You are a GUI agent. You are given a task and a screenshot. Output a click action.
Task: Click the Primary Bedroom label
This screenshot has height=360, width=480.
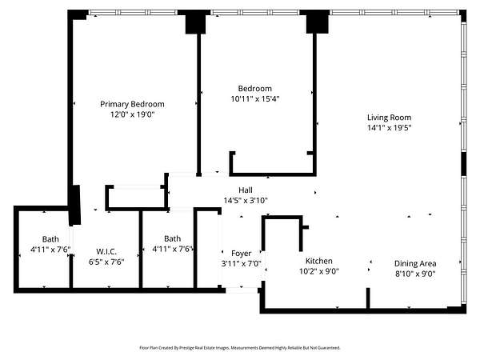[x=132, y=104]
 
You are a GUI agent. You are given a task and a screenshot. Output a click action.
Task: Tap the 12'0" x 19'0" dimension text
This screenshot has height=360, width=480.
[x=132, y=114]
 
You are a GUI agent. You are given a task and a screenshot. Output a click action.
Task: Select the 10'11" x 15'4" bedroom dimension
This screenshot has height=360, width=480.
[x=255, y=99]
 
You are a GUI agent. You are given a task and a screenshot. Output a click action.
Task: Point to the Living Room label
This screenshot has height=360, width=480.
[x=389, y=118]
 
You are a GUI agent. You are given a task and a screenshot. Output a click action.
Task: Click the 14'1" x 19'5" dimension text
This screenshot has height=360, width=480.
[x=389, y=128]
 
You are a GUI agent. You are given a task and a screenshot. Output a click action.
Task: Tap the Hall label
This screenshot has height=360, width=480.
[x=246, y=190]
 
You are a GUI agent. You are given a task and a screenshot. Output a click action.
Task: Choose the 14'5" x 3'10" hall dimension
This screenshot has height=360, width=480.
[x=246, y=201]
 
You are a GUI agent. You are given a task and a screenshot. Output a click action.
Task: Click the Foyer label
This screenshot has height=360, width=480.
[x=242, y=254]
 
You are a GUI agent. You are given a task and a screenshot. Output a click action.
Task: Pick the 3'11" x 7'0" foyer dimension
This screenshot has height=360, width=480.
[x=242, y=263]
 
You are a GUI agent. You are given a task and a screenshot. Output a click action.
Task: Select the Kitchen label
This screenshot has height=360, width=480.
[x=319, y=261]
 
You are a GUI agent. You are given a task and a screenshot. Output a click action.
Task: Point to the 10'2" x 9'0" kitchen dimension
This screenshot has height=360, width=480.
[x=319, y=271]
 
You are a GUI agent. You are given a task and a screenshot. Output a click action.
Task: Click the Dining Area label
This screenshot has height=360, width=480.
[x=415, y=263]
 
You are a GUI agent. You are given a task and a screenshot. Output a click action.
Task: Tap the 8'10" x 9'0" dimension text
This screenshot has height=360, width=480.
[x=415, y=274]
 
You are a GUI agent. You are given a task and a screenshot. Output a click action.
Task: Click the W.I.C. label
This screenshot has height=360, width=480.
[x=106, y=252]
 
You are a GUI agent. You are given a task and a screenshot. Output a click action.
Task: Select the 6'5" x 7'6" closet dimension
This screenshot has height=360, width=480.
[x=106, y=262]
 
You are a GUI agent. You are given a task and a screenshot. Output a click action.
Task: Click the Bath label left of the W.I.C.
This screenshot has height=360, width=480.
[x=50, y=239]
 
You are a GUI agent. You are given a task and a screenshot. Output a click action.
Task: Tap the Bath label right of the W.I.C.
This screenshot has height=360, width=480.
[x=172, y=238]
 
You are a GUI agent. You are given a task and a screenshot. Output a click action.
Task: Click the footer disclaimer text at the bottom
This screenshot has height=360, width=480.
[x=240, y=348]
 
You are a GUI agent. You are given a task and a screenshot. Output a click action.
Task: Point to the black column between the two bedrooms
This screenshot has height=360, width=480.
[x=196, y=22]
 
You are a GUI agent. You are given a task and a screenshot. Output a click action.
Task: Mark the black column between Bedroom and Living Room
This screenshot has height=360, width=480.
[x=318, y=22]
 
